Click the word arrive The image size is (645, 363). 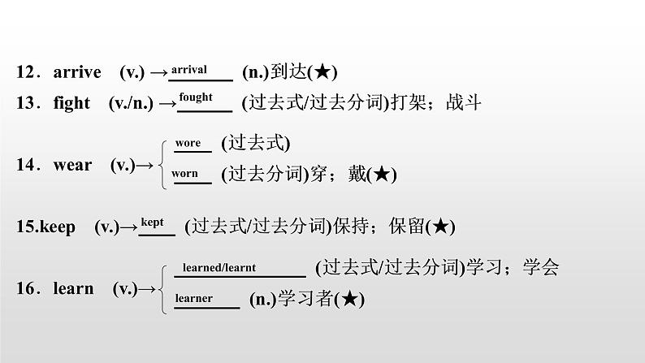click(77, 72)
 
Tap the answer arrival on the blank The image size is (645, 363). click(189, 70)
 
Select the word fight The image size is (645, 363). click(71, 103)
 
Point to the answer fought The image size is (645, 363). click(196, 97)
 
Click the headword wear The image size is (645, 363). click(73, 165)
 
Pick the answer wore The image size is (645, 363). click(188, 143)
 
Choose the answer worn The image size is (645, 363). click(185, 173)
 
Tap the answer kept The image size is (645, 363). click(153, 221)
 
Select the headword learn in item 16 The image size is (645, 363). click(73, 288)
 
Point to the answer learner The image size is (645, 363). click(194, 298)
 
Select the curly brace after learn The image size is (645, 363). click(164, 287)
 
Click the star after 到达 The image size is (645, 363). click(321, 72)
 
